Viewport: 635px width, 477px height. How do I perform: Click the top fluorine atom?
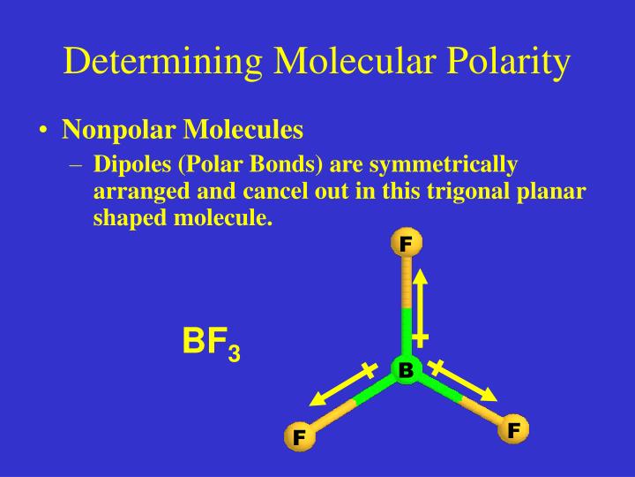[x=406, y=242]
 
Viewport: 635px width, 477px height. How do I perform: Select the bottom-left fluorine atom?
[x=299, y=436]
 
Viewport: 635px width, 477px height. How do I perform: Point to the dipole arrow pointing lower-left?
[x=340, y=390]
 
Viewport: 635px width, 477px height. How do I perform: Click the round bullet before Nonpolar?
[x=43, y=132]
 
